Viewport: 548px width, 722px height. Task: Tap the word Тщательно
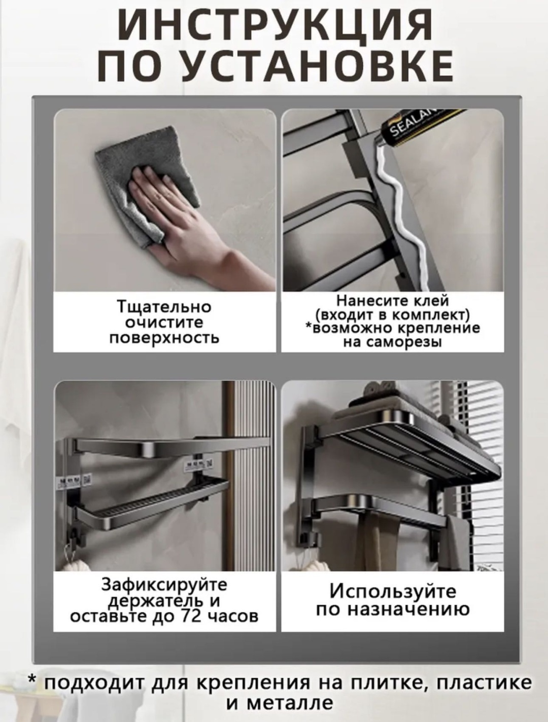(x=164, y=307)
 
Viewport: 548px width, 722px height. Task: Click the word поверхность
(x=164, y=338)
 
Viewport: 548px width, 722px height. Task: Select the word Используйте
(x=393, y=591)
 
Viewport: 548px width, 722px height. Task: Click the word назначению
(x=409, y=609)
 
